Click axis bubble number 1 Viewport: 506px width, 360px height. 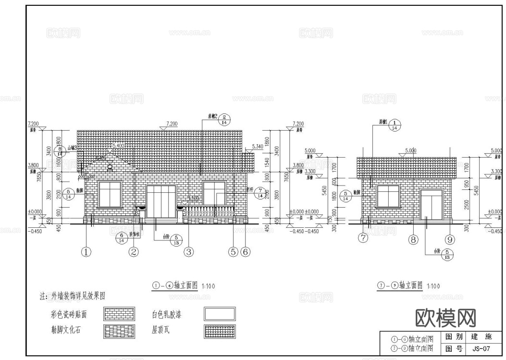click(x=86, y=251)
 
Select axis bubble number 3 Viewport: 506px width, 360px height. click(x=189, y=251)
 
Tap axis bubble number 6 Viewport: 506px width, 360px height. click(x=245, y=251)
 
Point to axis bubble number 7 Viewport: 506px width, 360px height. click(x=364, y=238)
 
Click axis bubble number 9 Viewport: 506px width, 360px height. click(x=450, y=239)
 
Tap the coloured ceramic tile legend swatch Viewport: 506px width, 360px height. click(x=119, y=314)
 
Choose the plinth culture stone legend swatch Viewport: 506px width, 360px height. click(x=119, y=332)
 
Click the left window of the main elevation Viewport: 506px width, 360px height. click(x=110, y=193)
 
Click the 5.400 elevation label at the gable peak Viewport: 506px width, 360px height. click(x=118, y=145)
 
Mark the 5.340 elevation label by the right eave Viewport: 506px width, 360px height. click(x=258, y=146)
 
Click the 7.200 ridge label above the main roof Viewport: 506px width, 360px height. click(x=172, y=124)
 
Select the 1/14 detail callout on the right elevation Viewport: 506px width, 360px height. click(x=394, y=125)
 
